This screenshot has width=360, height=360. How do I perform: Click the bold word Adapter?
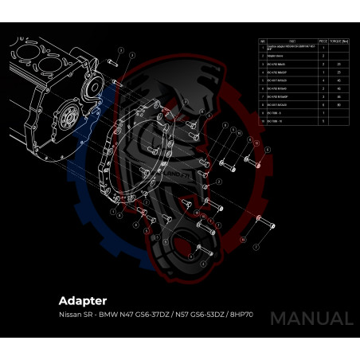click(x=82, y=301)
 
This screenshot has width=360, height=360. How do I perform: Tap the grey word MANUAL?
click(x=311, y=319)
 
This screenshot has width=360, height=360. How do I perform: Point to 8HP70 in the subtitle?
click(x=240, y=315)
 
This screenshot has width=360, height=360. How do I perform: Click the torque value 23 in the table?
click(x=338, y=64)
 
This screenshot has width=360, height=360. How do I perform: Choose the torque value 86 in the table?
click(x=338, y=97)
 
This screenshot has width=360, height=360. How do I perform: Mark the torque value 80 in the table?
click(x=338, y=105)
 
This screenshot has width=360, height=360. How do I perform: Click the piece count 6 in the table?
click(x=323, y=105)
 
